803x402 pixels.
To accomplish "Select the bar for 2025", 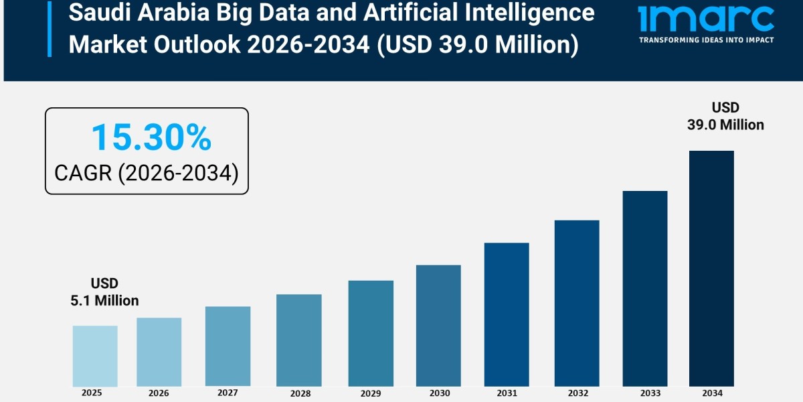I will (x=95, y=356).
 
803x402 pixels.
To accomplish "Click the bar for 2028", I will (x=298, y=340).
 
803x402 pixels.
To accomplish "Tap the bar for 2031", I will (x=507, y=314).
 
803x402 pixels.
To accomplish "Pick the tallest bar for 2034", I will (x=711, y=268).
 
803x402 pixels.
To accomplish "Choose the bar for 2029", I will (x=371, y=333).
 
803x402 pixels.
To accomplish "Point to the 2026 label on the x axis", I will (x=159, y=393).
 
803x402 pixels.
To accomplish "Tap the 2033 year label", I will (x=645, y=393).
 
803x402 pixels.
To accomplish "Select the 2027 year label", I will (x=228, y=393).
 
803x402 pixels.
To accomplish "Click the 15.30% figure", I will (x=151, y=137).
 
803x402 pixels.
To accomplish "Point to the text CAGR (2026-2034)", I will (x=147, y=173).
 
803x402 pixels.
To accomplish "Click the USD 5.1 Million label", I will (x=104, y=292).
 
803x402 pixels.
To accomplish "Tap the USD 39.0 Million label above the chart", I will (x=725, y=116).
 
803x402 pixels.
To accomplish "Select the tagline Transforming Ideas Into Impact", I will (x=706, y=40).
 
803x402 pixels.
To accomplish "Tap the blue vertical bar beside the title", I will (x=50, y=28).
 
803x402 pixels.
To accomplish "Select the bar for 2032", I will (x=577, y=303).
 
